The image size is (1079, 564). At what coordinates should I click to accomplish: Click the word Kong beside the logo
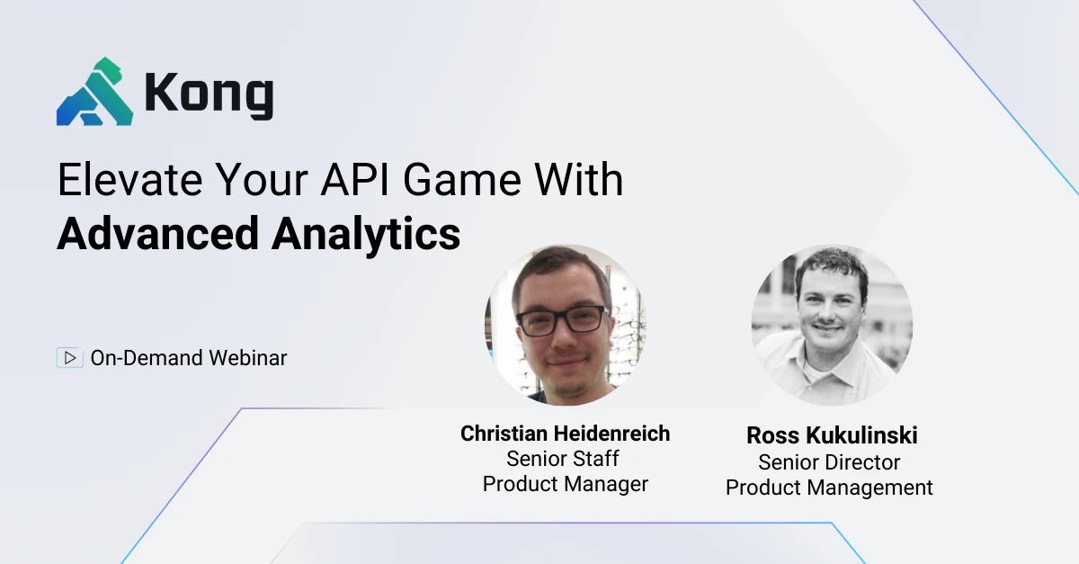(209, 94)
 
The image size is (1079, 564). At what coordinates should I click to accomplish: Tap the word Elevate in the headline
(129, 179)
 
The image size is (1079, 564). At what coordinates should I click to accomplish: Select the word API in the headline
(355, 179)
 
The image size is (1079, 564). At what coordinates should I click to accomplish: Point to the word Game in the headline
(462, 179)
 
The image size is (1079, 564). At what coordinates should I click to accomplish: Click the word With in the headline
(579, 179)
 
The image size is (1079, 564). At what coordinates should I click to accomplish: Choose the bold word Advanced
(158, 233)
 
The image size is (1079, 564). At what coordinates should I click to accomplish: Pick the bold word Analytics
(366, 235)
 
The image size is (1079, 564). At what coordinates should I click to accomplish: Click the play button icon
(70, 358)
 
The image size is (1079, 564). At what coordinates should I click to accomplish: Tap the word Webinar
(247, 358)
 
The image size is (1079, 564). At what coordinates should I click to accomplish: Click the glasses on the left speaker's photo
(562, 321)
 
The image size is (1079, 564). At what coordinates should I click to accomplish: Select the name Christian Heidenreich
(565, 434)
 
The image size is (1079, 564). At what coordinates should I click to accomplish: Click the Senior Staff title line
(563, 459)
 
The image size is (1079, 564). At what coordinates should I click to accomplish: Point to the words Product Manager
(566, 484)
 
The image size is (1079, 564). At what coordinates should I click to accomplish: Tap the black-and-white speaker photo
(832, 325)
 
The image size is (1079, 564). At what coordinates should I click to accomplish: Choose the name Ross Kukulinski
(832, 435)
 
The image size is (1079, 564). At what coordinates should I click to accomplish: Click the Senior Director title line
(829, 462)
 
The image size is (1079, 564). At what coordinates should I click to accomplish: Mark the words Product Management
(829, 488)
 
